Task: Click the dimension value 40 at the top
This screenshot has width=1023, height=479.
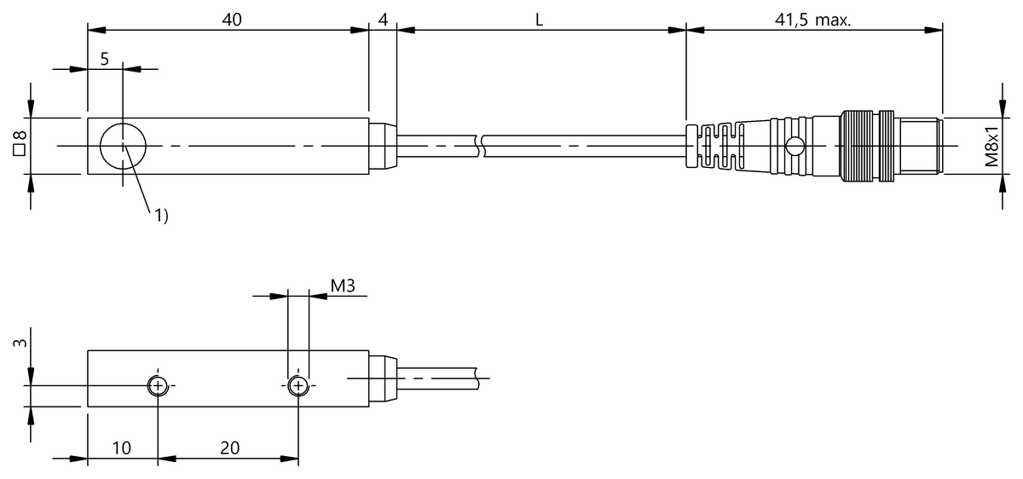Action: click(228, 20)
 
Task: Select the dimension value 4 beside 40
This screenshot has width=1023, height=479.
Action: click(384, 20)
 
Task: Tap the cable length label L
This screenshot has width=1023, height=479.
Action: click(540, 20)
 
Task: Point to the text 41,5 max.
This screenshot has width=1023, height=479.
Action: click(814, 20)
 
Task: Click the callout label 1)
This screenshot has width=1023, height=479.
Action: click(160, 216)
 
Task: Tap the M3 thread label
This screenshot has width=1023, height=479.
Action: click(342, 286)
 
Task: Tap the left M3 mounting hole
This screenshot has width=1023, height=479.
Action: click(158, 386)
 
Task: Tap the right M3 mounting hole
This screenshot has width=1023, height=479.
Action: click(298, 386)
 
